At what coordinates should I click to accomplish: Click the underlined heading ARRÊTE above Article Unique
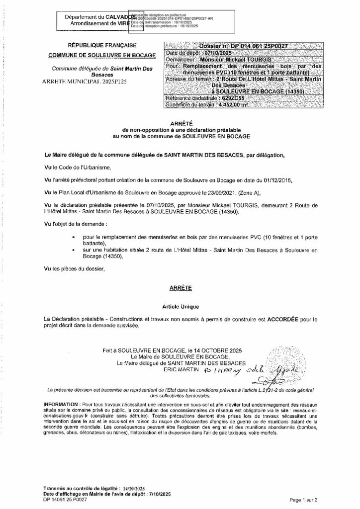(x=180, y=287)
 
